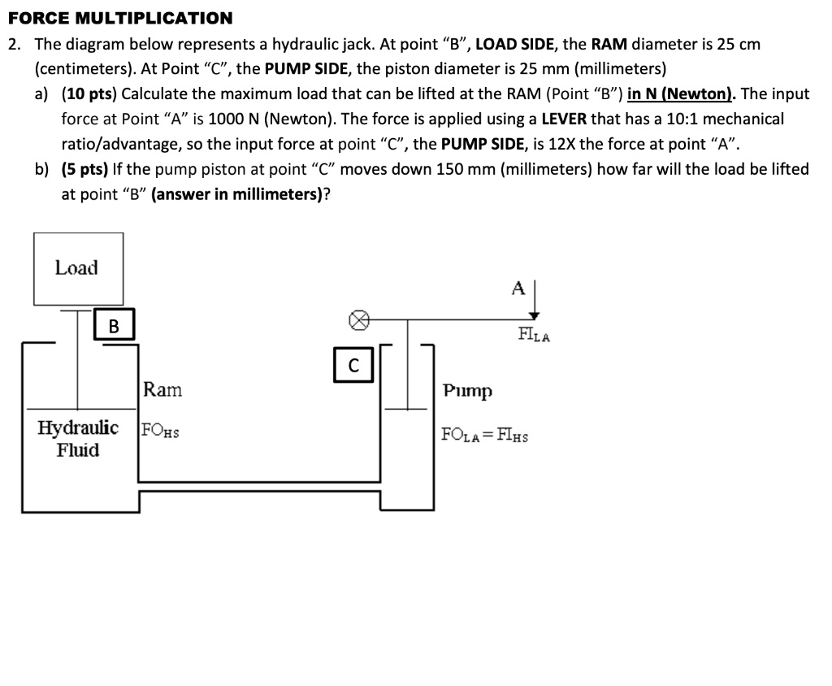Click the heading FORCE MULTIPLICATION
point(119,17)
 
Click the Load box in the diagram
point(78,268)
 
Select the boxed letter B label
point(114,327)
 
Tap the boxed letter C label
point(353,366)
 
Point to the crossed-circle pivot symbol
point(356,320)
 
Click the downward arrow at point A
point(535,302)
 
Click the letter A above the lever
point(518,288)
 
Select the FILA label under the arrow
point(534,335)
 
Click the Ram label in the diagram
point(162,390)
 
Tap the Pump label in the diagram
point(467,392)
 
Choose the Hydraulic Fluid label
point(78,439)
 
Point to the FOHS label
point(160,431)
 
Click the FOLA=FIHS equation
point(484,435)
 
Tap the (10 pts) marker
point(89,93)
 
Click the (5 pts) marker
point(84,169)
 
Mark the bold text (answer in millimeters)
point(236,195)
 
